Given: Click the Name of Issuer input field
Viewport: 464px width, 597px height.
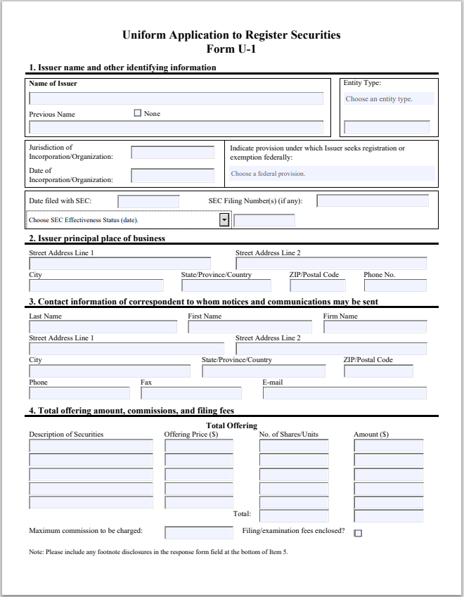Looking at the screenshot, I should click(176, 98).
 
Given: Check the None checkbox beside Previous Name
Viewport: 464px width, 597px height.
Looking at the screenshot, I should click(137, 113).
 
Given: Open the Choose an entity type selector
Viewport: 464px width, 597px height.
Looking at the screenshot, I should click(388, 99).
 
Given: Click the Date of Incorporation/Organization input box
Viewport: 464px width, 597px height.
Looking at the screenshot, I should click(172, 176).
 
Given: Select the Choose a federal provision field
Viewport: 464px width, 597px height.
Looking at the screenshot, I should click(332, 174).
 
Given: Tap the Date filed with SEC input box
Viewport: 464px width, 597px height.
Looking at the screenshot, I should click(148, 202).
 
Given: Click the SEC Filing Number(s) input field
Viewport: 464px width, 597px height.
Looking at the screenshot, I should click(372, 201).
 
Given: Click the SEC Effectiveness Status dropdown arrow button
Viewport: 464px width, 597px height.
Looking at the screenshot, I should click(224, 220).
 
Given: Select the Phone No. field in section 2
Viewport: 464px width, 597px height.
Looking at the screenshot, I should click(394, 285).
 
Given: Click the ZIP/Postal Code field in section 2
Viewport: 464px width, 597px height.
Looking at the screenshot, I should click(317, 285).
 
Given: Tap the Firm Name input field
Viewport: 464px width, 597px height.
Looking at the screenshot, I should click(375, 327).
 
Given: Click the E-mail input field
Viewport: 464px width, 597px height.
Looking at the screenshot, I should click(344, 393).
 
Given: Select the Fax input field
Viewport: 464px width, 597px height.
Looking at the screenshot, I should click(191, 393).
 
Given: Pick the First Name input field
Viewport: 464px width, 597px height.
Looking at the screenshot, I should click(250, 327).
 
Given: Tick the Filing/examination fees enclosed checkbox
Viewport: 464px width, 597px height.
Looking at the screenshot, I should click(358, 533).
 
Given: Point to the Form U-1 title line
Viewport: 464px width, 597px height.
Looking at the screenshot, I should click(231, 49).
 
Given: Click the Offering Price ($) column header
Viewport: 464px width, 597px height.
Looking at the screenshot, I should click(191, 435).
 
